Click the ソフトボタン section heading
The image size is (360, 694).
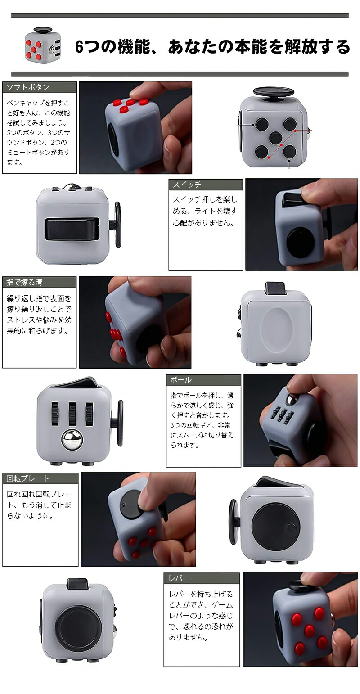tap(28, 87)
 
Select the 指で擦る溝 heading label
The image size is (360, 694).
tap(24, 282)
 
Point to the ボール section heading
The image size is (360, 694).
tap(181, 380)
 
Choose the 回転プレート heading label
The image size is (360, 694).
tap(28, 479)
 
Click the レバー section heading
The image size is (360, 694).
tap(179, 578)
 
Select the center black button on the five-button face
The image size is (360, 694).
tap(275, 138)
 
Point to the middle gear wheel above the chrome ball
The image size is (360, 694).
tap(72, 414)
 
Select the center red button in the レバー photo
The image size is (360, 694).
tap(309, 629)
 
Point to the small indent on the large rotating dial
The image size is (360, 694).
tap(291, 527)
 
